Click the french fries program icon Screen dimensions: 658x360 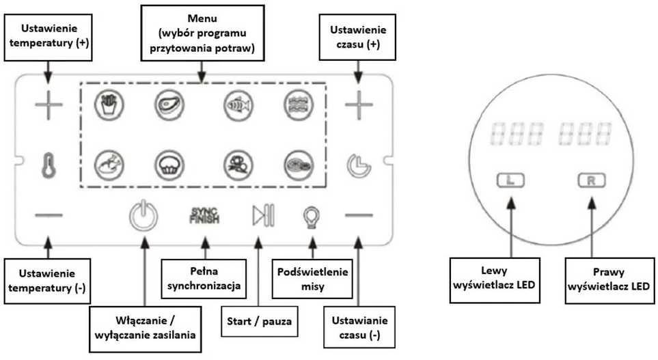(x=109, y=105)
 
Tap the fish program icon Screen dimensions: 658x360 (x=238, y=105)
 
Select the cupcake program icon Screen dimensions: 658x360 (x=169, y=165)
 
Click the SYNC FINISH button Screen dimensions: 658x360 (x=204, y=215)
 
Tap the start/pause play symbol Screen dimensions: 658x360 (x=263, y=215)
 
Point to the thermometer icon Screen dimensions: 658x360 (x=49, y=165)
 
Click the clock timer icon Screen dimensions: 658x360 (x=359, y=166)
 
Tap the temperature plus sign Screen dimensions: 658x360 (x=49, y=105)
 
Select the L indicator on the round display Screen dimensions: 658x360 (x=510, y=180)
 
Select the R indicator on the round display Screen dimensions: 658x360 (x=592, y=180)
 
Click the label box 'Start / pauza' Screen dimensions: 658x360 (x=260, y=321)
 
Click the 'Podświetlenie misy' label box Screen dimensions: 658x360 (x=312, y=279)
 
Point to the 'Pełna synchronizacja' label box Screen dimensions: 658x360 (x=204, y=279)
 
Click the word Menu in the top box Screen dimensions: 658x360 (x=202, y=18)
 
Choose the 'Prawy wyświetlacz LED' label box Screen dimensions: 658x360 (x=609, y=280)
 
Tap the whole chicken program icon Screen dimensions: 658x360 (x=109, y=165)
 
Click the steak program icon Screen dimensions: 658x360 (x=169, y=105)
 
